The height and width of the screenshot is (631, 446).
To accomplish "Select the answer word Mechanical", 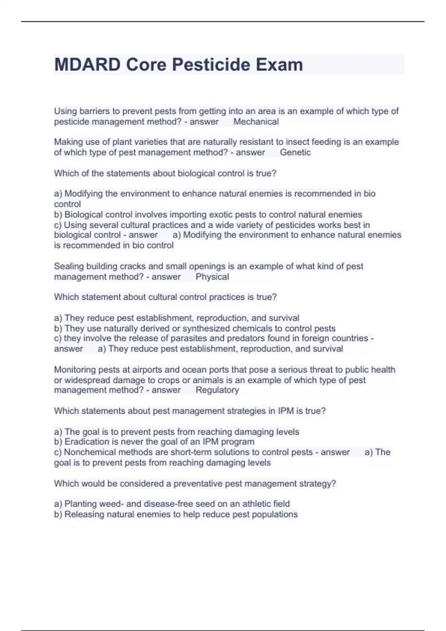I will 256,122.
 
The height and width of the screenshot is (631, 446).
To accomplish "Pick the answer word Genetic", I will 295,152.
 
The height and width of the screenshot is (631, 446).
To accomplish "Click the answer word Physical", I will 212,277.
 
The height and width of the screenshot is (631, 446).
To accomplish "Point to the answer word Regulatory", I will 217,390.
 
